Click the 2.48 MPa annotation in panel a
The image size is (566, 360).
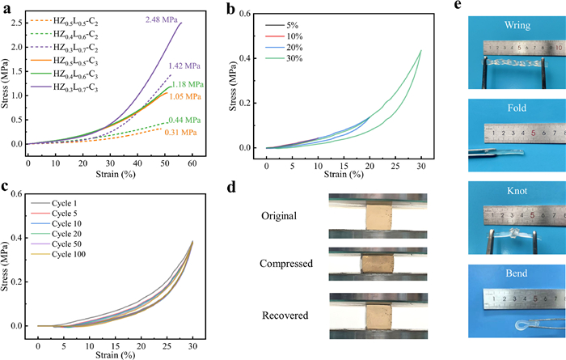162,20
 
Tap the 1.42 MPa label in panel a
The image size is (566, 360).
184,66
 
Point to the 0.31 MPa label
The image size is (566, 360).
180,133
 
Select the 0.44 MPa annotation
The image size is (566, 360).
184,120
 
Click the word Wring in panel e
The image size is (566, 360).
517,25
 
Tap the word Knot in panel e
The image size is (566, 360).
517,191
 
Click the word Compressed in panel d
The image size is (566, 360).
286,264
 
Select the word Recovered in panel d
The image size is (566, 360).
285,316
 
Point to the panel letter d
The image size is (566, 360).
231,188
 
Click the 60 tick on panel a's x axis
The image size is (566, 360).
192,163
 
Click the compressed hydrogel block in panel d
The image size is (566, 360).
378,265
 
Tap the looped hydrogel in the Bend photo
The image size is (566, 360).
522,324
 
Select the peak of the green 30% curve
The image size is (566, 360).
421,50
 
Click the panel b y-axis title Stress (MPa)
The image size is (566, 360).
233,87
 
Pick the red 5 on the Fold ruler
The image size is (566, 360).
533,133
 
